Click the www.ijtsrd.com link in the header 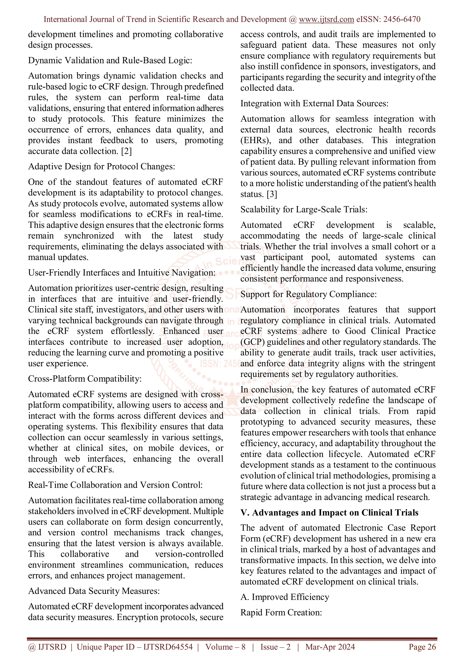326,19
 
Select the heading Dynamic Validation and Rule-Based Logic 110,60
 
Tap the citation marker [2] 126,151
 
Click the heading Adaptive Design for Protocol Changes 101,166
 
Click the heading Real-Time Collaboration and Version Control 115,485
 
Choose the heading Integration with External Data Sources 314,104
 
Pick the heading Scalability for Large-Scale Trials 304,210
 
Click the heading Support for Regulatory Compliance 308,294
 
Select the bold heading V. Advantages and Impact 329,513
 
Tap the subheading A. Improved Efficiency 285,597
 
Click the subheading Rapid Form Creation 281,613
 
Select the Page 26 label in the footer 422,647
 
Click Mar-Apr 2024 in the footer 330,647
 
